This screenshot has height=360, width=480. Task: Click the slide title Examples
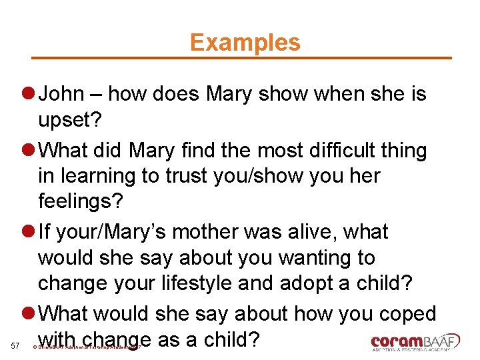pyautogui.click(x=245, y=42)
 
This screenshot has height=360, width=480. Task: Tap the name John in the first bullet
pyautogui.click(x=61, y=94)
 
